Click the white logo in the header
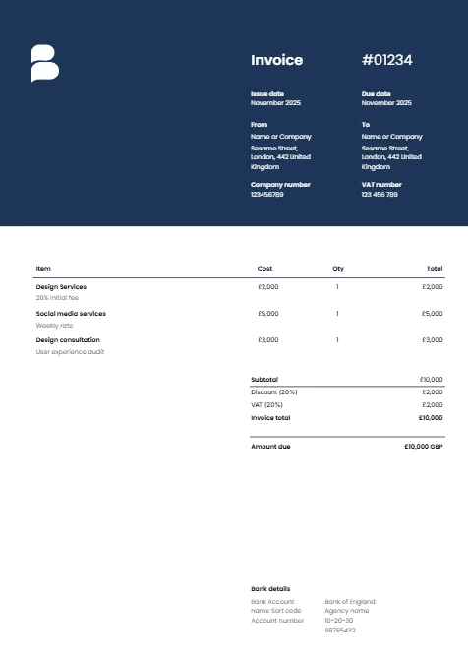44,63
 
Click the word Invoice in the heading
276,60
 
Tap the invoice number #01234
387,60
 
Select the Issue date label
267,93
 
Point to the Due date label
376,93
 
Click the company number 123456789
267,195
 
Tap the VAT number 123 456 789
380,195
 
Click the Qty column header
338,268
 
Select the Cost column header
264,268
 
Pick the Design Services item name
61,287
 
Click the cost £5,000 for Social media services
267,314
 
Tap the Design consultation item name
68,340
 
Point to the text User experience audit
70,351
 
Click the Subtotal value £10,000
431,379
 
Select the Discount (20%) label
273,391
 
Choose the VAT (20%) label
266,404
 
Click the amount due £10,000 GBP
423,447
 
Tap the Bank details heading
270,589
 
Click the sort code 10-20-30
339,621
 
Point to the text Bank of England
350,601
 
